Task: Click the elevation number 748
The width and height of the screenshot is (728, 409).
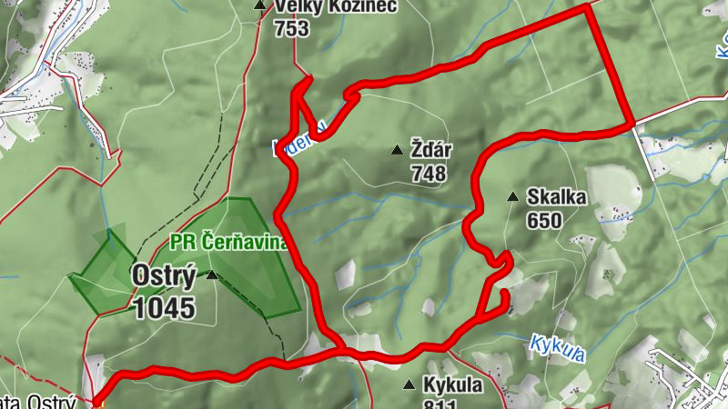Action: pos(429,173)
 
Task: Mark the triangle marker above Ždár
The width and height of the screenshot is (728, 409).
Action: pos(396,150)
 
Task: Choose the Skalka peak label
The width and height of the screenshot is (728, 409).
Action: pos(556,196)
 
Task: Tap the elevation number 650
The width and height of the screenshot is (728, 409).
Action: pos(544,219)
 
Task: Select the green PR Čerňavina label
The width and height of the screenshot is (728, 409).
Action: pos(229,243)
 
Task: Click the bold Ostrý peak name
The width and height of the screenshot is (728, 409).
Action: pos(164,274)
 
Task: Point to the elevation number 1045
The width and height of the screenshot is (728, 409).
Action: pos(164,307)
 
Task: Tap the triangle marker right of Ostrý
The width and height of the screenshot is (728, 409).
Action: pos(212,274)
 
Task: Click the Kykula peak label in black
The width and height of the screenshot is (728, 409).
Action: pos(452,384)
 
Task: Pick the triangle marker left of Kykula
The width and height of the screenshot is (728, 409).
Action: pos(409,384)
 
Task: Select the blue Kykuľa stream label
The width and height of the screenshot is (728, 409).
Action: pos(556,344)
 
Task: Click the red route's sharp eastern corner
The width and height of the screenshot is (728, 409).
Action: pos(632,123)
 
